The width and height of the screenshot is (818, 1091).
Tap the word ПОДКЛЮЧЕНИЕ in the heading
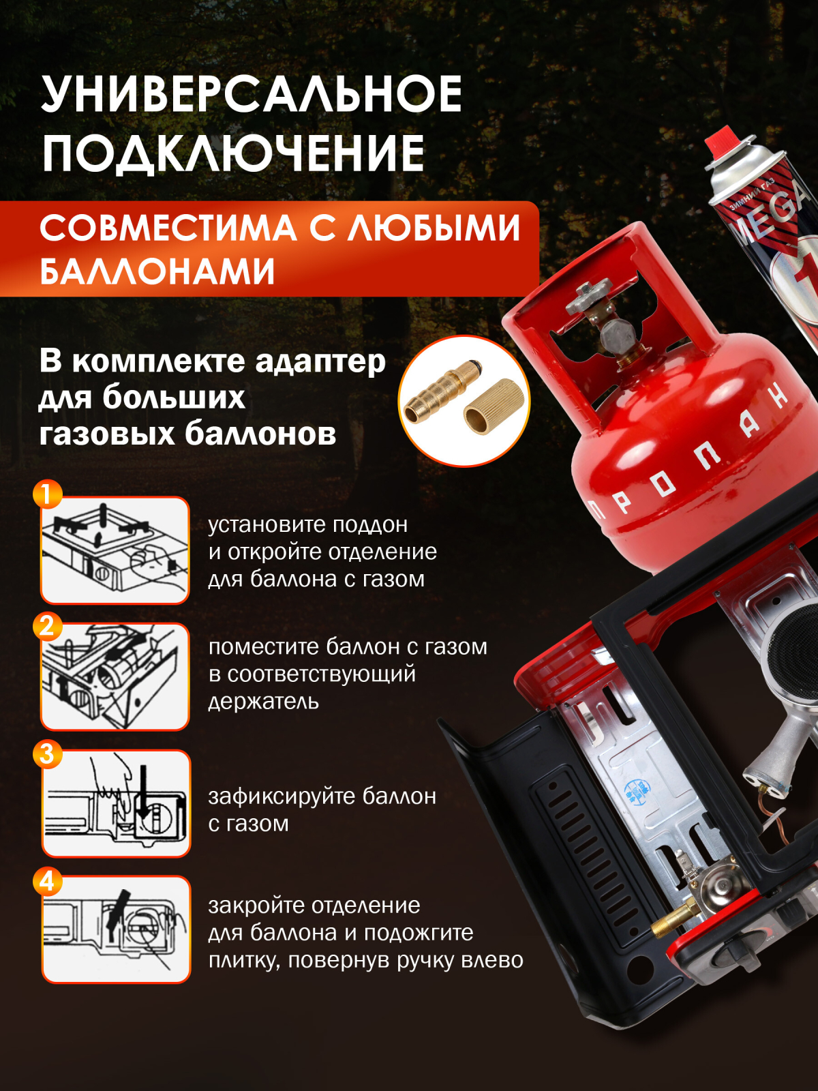[233, 153]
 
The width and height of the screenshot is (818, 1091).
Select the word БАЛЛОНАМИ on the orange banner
[157, 271]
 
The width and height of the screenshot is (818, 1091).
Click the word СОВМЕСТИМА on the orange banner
[168, 228]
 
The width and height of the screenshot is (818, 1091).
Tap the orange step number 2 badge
[47, 625]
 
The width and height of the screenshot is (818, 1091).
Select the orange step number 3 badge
[47, 754]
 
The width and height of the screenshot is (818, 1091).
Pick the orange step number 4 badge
[47, 881]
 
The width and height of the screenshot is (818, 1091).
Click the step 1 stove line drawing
[115, 550]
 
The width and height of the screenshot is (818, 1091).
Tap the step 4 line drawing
[116, 929]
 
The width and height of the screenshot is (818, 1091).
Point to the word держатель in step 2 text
[263, 702]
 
